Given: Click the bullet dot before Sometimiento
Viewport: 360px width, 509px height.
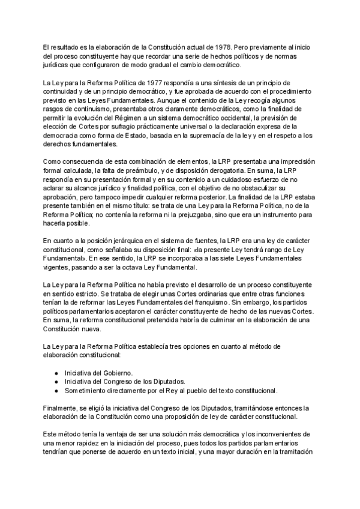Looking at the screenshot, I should pos(56,391).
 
